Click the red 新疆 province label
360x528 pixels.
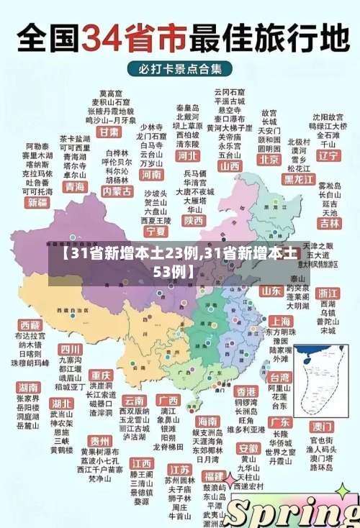pos(37,203)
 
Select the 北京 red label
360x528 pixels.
pos(269,159)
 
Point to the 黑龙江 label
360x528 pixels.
pos(299,178)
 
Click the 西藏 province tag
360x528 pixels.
pos(30,325)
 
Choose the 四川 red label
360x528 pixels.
pos(71,349)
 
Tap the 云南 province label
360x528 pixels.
pos(135,400)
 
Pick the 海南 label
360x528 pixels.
pos(207,421)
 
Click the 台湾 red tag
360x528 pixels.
pos(279,376)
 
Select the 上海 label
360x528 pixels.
pos(279,322)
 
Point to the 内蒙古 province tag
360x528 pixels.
pos(117,191)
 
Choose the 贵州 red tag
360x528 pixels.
pos(99,440)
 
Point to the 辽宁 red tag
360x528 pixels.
pos(328,155)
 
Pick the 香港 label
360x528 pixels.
pos(246,391)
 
